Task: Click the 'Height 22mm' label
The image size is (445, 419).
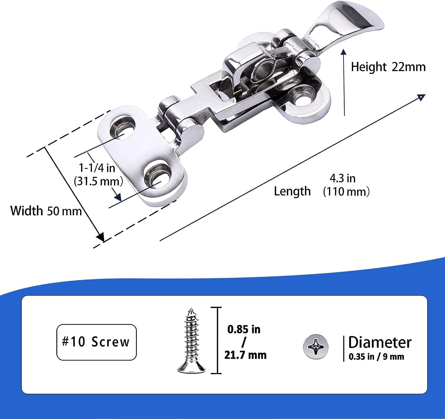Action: tap(388, 67)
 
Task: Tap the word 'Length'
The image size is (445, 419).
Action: tap(292, 191)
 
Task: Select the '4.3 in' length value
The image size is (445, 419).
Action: tap(342, 178)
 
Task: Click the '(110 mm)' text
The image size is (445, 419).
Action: tap(346, 192)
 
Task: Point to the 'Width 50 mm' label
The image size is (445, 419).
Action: tap(46, 211)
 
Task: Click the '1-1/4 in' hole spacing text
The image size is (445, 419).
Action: tap(97, 168)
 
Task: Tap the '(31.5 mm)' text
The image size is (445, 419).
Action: tap(98, 181)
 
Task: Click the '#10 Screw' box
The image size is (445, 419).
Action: tap(96, 342)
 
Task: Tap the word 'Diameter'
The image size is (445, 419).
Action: tap(380, 342)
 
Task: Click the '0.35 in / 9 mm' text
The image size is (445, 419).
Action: tap(376, 357)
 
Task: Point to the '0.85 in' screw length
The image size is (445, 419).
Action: tap(244, 329)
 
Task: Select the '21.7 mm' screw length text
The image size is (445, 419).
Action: tap(245, 355)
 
